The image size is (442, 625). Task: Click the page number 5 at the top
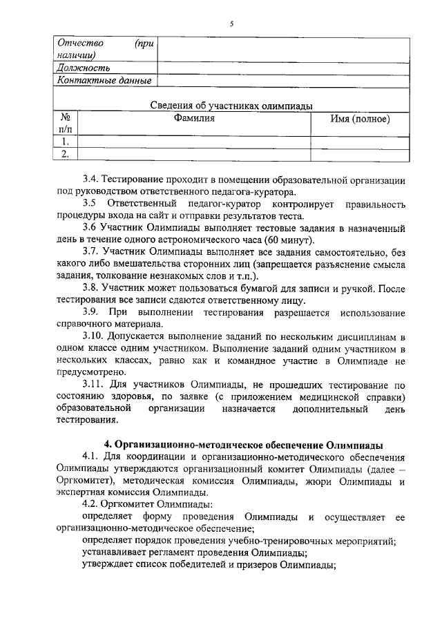click(x=232, y=23)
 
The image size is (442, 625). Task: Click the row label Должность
click(x=84, y=68)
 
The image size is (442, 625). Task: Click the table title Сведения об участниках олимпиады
click(x=231, y=106)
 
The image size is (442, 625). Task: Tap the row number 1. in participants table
click(x=66, y=142)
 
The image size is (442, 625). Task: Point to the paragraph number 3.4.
click(x=90, y=179)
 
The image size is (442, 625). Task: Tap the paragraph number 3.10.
click(x=94, y=336)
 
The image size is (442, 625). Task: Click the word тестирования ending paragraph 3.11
click(x=87, y=420)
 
